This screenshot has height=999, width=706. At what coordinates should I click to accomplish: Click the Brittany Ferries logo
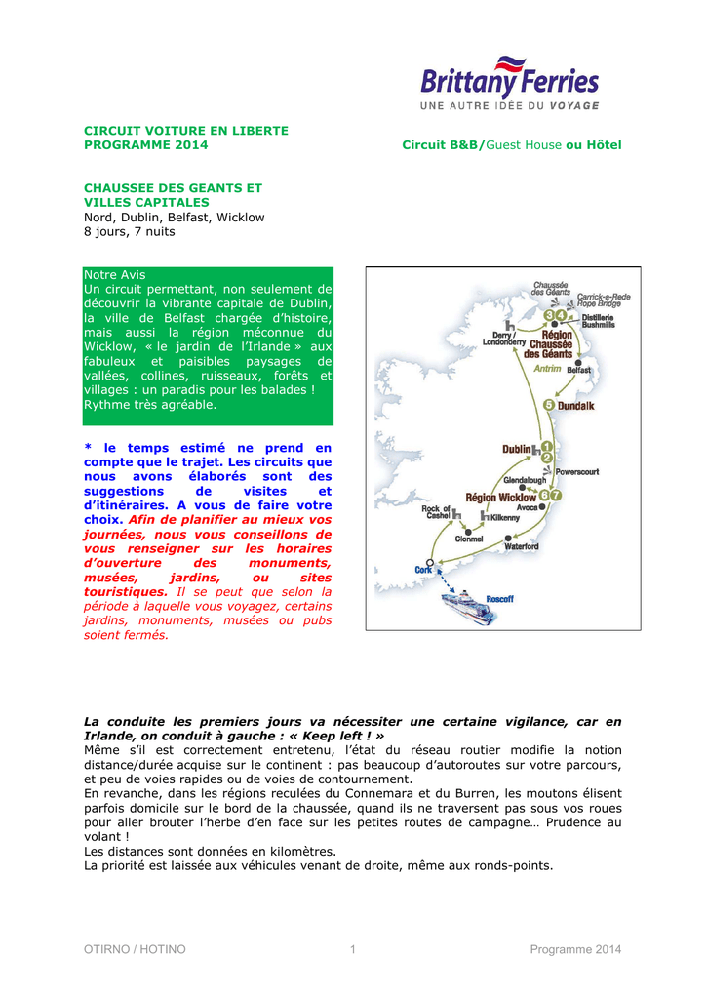point(510,84)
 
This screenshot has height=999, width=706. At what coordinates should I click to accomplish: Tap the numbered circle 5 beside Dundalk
point(549,405)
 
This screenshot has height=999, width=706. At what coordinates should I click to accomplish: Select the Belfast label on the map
point(579,371)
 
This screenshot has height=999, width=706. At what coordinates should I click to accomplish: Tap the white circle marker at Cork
point(430,561)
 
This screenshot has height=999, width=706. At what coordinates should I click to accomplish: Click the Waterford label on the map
point(521,546)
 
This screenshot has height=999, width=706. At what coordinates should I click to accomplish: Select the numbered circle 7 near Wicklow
point(557,496)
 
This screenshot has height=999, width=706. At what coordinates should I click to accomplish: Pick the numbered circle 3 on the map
point(549,315)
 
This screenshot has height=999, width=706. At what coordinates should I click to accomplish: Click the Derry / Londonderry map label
point(504,339)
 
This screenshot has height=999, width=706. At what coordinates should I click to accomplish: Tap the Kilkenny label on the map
point(505,517)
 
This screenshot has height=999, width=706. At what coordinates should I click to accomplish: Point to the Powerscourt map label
point(577,471)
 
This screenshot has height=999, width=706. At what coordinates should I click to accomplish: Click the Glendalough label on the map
point(525,481)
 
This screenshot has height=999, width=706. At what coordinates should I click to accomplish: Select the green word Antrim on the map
point(547,368)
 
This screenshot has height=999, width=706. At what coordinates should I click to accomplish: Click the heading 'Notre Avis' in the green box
point(114,275)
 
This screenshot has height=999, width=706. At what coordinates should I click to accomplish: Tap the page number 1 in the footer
point(353,949)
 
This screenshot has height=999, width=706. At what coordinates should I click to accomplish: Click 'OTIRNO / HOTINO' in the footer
point(135,949)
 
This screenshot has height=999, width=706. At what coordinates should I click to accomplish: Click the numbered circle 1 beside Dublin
point(547,445)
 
